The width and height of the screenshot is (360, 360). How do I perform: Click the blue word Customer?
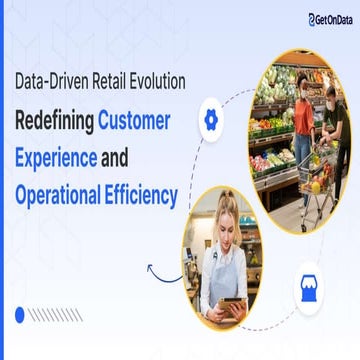pos(134,122)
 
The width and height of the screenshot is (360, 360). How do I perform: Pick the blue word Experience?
pos(55,158)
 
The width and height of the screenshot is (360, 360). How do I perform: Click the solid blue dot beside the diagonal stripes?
pos(18,315)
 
